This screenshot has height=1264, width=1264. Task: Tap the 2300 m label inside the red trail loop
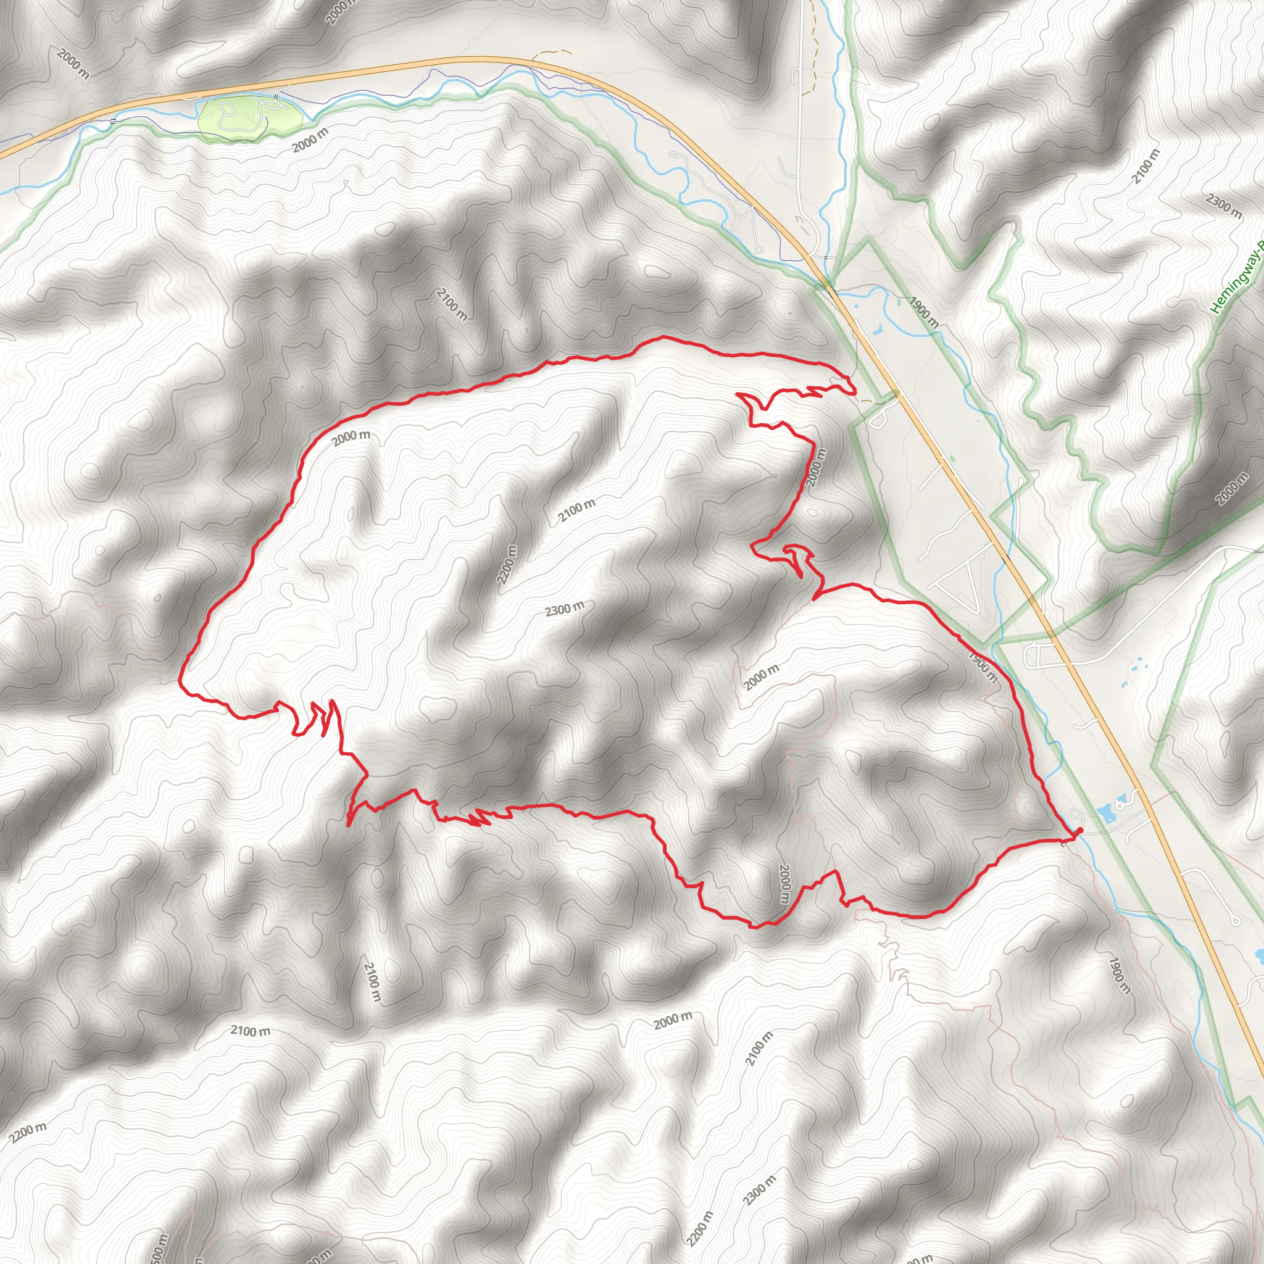point(565,609)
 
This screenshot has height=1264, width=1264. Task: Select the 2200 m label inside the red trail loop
point(506,565)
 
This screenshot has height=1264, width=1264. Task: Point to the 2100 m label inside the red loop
point(576,510)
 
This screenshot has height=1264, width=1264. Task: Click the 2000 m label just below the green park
point(310,141)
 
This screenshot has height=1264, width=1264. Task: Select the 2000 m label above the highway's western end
point(73,64)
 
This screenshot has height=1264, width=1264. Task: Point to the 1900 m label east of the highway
point(923,312)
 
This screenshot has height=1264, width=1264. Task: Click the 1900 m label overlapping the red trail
point(982,666)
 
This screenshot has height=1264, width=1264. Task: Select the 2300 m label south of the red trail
point(760,1190)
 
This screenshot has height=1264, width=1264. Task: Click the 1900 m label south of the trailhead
point(1120,976)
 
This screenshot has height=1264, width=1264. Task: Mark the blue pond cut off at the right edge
point(1260,957)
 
